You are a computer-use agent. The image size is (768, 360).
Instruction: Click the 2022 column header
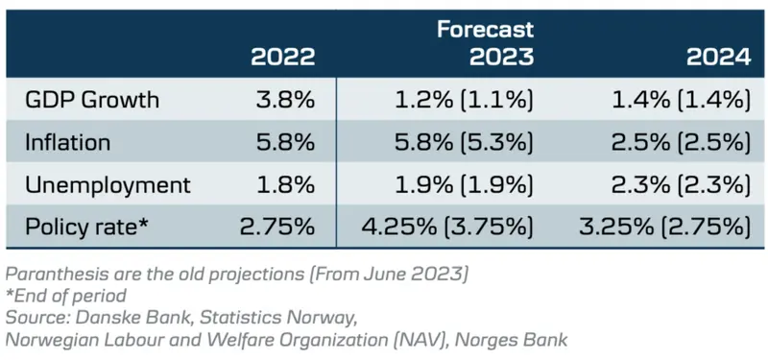pyautogui.click(x=282, y=57)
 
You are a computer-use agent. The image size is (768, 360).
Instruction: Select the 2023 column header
pyautogui.click(x=501, y=57)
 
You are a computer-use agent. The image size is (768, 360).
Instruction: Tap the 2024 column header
pyautogui.click(x=718, y=57)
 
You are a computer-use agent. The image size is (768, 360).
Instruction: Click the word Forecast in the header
pyautogui.click(x=485, y=29)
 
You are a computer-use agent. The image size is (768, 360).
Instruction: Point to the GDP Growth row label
pyautogui.click(x=91, y=100)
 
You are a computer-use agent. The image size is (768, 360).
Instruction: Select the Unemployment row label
pyautogui.click(x=107, y=184)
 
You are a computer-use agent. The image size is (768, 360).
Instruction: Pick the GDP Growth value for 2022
pyautogui.click(x=285, y=100)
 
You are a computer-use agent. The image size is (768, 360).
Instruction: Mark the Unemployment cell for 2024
pyautogui.click(x=681, y=184)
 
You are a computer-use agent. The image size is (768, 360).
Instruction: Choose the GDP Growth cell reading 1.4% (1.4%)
pyautogui.click(x=681, y=100)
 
